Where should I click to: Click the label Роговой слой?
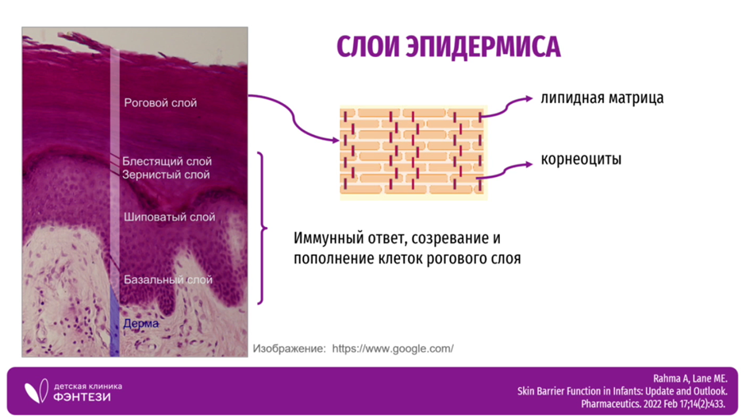(x=160, y=102)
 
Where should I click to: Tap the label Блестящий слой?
(x=167, y=161)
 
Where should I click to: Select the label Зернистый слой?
(x=166, y=175)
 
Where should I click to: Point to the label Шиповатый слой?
(x=169, y=217)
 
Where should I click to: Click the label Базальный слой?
(x=168, y=279)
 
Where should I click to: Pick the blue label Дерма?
(x=140, y=324)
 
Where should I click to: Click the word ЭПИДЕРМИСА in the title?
(x=483, y=47)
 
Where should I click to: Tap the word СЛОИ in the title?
(x=368, y=47)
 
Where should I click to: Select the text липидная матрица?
(x=602, y=98)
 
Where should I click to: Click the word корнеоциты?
(x=581, y=159)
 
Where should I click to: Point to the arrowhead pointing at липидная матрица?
(x=529, y=98)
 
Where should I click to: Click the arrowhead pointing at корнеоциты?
(x=529, y=164)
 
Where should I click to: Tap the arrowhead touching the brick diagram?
(x=336, y=140)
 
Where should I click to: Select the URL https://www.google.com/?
(x=393, y=348)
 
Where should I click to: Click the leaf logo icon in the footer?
(x=37, y=391)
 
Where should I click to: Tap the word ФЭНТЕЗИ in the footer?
(x=82, y=397)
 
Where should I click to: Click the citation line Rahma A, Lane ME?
(x=690, y=379)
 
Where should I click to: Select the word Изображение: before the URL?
(x=289, y=348)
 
